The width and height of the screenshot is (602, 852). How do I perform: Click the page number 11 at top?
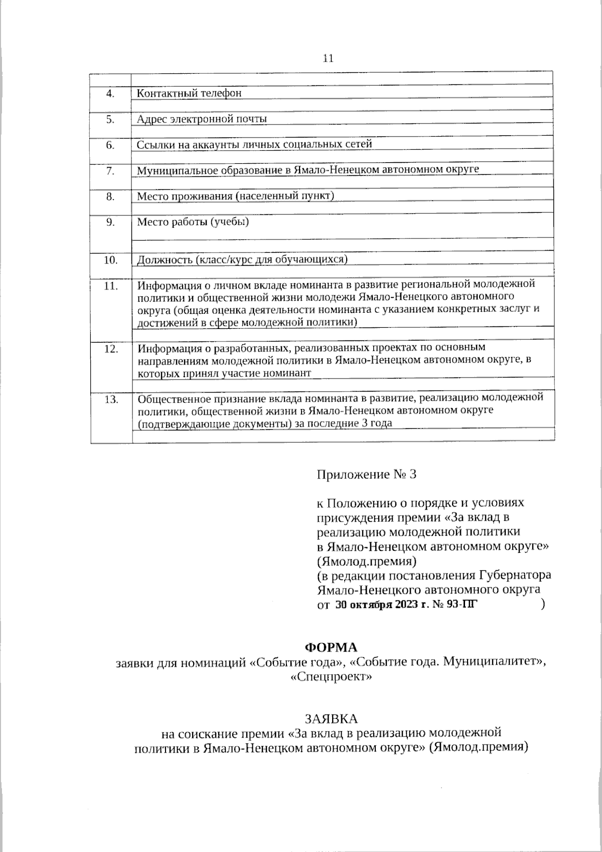point(328,58)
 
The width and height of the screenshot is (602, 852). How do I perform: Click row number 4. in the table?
point(110,93)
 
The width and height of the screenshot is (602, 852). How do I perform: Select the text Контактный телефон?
point(189,93)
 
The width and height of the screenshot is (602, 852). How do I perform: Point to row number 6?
point(110,145)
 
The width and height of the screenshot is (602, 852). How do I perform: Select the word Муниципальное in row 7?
point(170,170)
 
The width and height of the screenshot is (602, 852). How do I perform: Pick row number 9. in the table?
point(110,222)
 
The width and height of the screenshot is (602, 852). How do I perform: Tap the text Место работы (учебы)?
point(193,221)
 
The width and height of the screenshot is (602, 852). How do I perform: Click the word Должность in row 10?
point(165,260)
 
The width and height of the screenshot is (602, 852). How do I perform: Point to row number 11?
point(110,286)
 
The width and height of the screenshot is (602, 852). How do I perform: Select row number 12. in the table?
point(110,349)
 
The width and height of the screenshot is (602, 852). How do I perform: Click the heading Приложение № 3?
point(366,474)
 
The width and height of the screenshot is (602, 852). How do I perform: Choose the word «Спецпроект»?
point(331,677)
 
